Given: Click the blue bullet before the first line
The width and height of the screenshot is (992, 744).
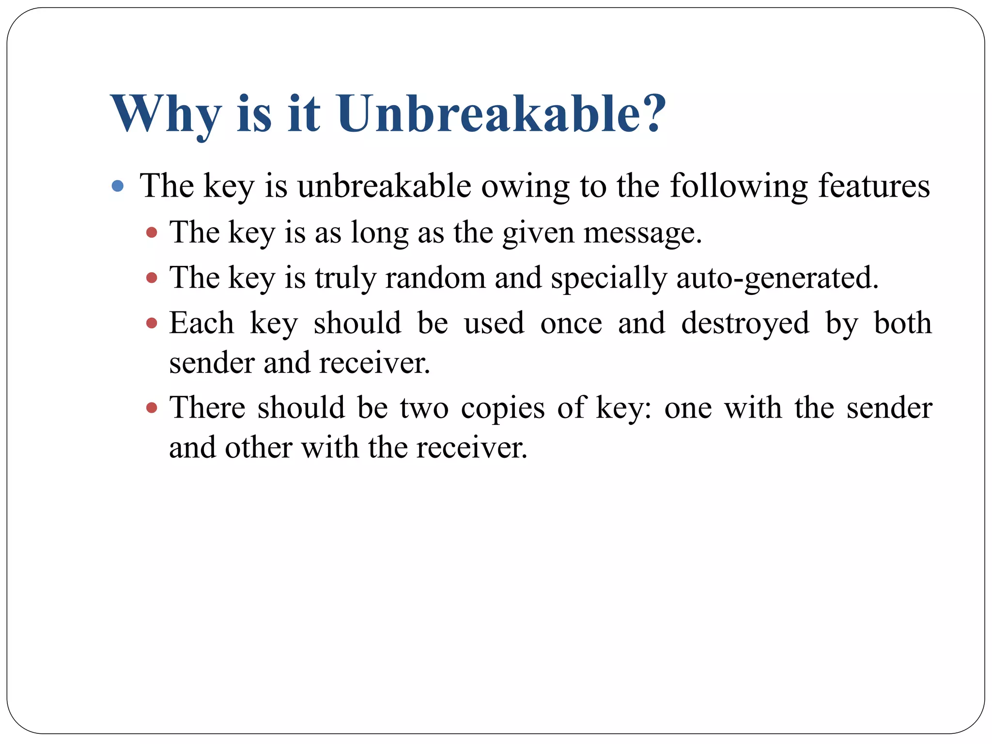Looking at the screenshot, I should (117, 186).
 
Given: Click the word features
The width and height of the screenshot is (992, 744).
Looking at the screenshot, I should (874, 186).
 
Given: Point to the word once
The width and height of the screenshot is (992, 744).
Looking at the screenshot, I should (571, 324).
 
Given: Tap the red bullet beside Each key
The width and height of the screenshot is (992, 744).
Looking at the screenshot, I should (152, 323).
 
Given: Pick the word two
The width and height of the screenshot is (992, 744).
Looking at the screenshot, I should (424, 408).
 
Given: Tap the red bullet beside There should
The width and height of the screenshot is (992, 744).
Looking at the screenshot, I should (152, 407).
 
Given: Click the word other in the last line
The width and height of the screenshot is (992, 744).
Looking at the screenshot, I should (258, 448).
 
